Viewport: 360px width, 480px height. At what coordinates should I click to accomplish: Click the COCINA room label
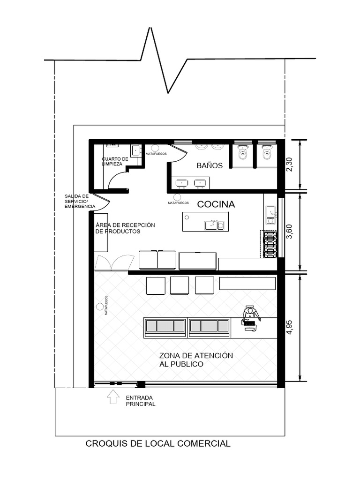[216, 204]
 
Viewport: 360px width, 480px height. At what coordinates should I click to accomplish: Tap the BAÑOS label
[210, 165]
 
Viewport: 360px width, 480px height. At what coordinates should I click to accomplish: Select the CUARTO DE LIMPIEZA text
[114, 161]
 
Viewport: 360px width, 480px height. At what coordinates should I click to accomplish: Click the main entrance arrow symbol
[113, 397]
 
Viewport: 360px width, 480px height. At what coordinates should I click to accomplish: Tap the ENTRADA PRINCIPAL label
[140, 401]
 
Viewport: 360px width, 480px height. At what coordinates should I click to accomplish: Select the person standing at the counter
[249, 316]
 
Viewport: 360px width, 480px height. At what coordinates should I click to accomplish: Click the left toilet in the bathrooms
[242, 152]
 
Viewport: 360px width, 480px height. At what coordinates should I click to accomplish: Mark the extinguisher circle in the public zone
[100, 307]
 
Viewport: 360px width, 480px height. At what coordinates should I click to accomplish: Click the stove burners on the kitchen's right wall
[270, 244]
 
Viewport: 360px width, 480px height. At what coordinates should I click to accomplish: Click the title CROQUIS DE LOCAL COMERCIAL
[158, 443]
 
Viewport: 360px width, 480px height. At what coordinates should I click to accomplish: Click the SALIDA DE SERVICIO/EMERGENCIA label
[79, 201]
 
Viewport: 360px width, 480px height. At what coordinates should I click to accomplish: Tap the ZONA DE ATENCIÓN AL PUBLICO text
[196, 360]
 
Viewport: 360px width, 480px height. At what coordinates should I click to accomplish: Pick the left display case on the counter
[165, 326]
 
